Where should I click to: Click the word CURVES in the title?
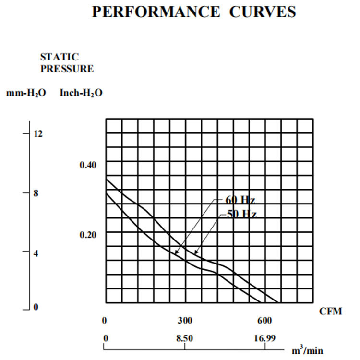click(261, 12)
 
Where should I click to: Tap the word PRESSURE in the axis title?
click(67, 69)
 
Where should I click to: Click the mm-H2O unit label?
click(26, 93)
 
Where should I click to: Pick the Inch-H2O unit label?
click(81, 93)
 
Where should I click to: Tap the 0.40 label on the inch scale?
click(88, 165)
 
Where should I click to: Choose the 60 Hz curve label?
click(239, 200)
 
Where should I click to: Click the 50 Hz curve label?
click(241, 214)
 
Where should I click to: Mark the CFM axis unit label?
click(331, 312)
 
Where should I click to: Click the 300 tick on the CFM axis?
click(185, 321)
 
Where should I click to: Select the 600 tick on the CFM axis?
click(264, 321)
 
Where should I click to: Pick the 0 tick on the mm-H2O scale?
click(36, 307)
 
